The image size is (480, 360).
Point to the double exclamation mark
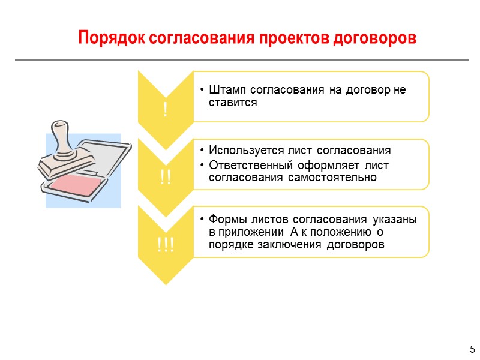(x=165, y=178)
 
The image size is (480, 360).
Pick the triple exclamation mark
(x=165, y=245)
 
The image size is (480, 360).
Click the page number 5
(x=472, y=349)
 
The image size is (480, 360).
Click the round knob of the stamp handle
(x=59, y=127)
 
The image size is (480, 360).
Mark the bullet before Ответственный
(x=203, y=165)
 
